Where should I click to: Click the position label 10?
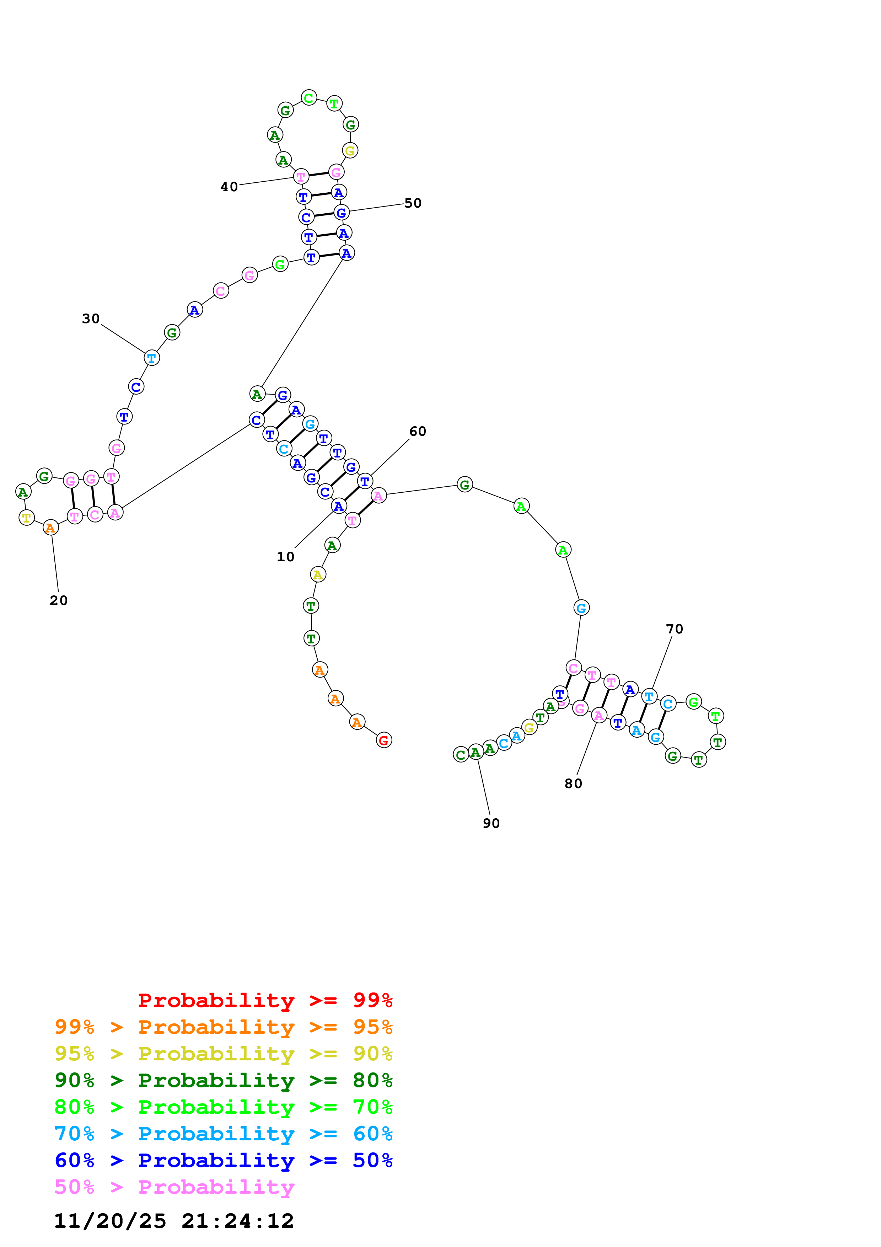[285, 557]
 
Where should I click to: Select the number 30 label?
[91, 319]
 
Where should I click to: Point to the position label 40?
[229, 187]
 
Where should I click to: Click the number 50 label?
[413, 203]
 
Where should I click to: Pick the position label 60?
[418, 431]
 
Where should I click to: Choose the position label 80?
[573, 784]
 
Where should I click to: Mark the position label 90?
[491, 823]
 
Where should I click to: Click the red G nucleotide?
[384, 740]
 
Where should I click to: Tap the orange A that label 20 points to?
[50, 528]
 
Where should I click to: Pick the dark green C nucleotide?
[461, 754]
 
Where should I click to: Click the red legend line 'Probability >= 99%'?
[265, 1000]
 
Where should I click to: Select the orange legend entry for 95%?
[224, 1027]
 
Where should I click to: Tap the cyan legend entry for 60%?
[224, 1134]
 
